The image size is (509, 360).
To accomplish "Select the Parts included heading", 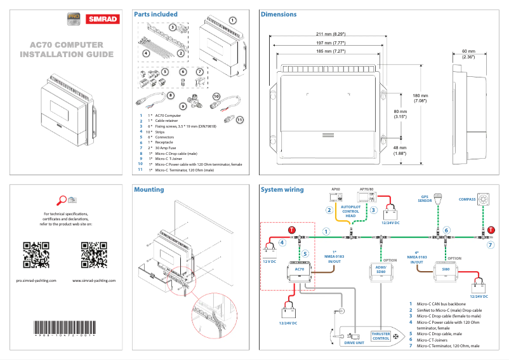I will [155, 14].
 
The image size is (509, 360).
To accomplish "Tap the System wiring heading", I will [282, 189].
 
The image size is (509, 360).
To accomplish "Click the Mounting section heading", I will [149, 189].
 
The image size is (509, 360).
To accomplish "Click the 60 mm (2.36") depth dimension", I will [468, 54].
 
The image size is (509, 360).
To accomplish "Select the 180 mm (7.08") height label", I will [420, 98].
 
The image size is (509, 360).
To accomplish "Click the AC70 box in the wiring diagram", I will [300, 269].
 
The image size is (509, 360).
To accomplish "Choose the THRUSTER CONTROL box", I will [381, 336].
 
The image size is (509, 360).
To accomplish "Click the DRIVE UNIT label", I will [354, 342].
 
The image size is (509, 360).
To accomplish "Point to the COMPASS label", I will [467, 199].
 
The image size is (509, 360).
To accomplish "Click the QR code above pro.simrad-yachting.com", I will [36, 255].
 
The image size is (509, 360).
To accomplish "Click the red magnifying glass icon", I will [61, 201].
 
